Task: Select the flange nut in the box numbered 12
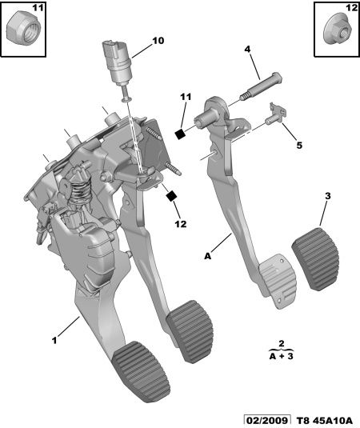coord(338,31)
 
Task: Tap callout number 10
coord(158,41)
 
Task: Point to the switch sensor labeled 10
coord(118,72)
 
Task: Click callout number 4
coord(247,49)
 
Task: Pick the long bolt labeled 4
coord(261,87)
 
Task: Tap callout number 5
coord(299,146)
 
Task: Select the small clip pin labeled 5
coord(276,114)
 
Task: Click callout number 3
coord(328,196)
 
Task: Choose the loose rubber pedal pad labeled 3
coord(316,258)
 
